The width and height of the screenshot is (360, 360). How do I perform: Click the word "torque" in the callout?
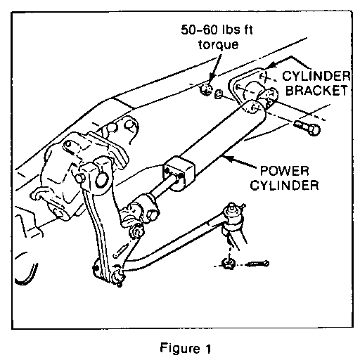219,45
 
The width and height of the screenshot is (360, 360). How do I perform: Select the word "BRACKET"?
316,90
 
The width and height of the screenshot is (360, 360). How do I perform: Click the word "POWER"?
285,171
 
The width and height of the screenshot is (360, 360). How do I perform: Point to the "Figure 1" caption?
186,348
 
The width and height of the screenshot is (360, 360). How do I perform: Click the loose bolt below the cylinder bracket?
307,128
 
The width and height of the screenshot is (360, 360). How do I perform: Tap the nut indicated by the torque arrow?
206,89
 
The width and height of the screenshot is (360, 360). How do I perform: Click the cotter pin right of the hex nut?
257,264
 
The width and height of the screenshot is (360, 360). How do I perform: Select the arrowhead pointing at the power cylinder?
230,159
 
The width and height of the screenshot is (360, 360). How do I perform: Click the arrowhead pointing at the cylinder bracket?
270,65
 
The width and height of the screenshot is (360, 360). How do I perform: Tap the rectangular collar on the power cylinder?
179,171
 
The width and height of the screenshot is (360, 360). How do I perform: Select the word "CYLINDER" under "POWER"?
284,185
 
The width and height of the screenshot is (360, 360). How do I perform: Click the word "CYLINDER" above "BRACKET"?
316,76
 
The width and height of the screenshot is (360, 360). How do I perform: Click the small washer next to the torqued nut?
219,94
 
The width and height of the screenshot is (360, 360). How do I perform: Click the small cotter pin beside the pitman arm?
121,250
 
